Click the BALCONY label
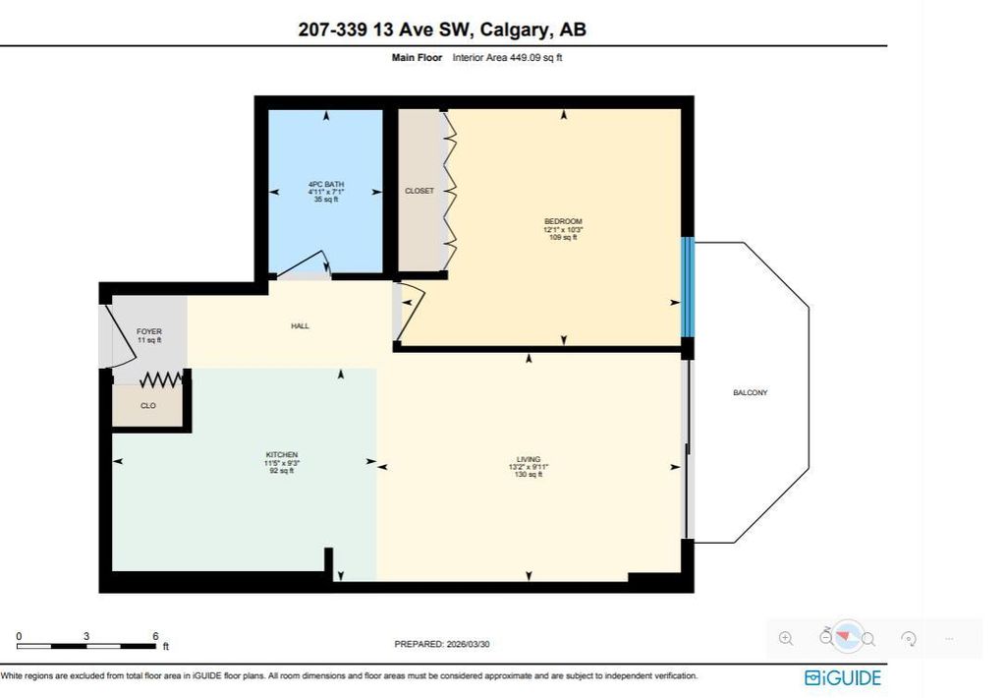click(750, 393)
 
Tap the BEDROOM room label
click(563, 221)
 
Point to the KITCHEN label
click(281, 455)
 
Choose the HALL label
click(301, 326)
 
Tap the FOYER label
click(148, 332)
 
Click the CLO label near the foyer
click(148, 405)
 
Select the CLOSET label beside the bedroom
click(419, 191)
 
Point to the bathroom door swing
click(305, 266)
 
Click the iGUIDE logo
click(842, 677)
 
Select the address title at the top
click(442, 29)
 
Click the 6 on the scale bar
click(155, 636)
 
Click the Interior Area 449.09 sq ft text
click(507, 58)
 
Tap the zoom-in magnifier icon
click(786, 638)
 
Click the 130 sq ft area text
click(529, 475)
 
